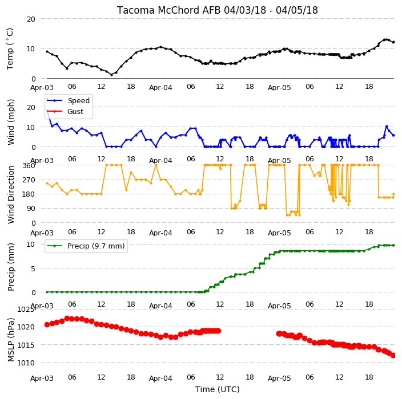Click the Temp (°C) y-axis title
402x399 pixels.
pos(10,49)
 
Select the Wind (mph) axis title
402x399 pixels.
pos(11,122)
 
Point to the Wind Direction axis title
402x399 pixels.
pos(11,194)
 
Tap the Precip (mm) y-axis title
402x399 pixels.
pos(11,267)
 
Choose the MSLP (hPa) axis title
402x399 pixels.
pos(11,340)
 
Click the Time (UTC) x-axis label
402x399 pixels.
pos(218,389)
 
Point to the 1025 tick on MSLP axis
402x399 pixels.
pos(26,310)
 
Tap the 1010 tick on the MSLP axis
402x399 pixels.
pos(26,363)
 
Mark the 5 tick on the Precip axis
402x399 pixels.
pos(33,268)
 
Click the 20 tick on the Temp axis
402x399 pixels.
pos(31,19)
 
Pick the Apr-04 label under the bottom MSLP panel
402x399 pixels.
pos(160,378)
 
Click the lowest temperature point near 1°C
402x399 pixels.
pos(111,75)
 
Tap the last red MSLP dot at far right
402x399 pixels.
pos(393,355)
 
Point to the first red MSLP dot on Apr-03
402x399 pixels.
pos(47,324)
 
